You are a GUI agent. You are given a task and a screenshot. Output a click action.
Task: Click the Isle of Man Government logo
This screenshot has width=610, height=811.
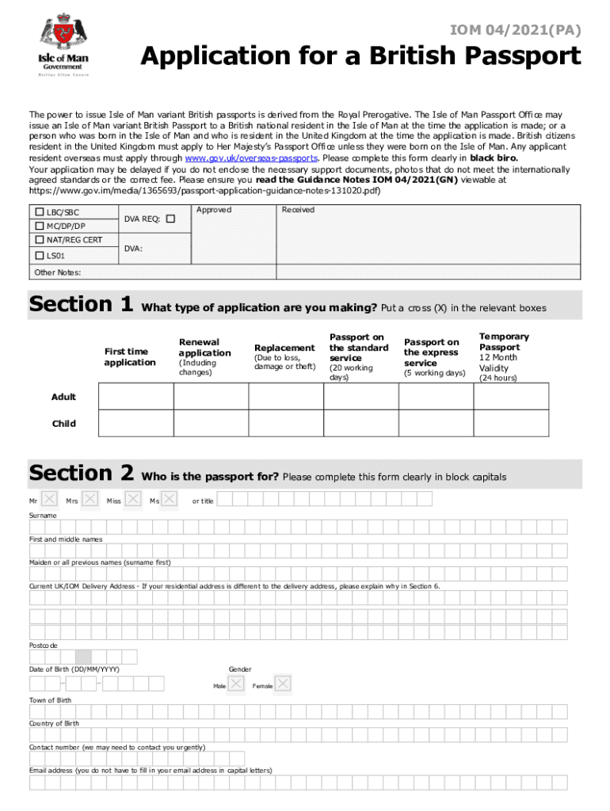65,44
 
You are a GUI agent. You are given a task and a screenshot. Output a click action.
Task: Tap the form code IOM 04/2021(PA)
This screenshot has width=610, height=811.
515,31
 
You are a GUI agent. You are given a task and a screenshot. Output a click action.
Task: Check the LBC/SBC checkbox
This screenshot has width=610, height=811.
39,212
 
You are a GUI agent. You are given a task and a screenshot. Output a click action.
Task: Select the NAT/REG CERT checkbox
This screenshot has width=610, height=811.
39,240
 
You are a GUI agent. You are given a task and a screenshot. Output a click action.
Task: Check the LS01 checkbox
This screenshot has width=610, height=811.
39,255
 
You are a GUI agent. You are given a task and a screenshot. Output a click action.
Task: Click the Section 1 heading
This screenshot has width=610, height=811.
80,305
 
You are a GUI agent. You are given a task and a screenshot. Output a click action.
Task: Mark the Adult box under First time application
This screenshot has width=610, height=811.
136,396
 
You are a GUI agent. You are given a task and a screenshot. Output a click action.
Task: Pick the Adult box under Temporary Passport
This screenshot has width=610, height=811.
509,396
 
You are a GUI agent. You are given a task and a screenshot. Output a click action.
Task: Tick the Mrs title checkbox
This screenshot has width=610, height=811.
91,500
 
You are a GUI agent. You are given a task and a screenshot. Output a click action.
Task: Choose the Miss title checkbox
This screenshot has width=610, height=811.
133,500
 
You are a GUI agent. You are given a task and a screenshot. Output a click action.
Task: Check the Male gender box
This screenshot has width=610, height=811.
236,684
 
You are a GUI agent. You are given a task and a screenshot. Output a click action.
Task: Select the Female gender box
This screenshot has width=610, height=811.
284,684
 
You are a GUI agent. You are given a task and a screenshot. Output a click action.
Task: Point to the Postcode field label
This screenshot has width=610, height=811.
43,645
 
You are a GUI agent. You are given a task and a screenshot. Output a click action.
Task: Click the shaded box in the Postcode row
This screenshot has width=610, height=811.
83,657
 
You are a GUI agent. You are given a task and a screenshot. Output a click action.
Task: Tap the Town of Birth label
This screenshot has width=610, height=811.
50,700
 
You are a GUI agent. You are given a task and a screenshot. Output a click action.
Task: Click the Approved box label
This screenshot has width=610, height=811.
213,210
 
